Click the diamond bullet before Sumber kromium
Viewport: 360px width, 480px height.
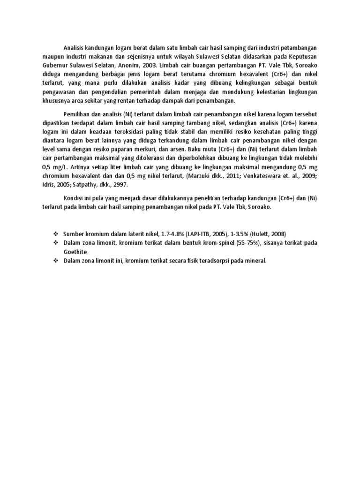click(x=55, y=233)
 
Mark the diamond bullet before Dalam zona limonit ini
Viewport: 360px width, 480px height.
click(x=55, y=260)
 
